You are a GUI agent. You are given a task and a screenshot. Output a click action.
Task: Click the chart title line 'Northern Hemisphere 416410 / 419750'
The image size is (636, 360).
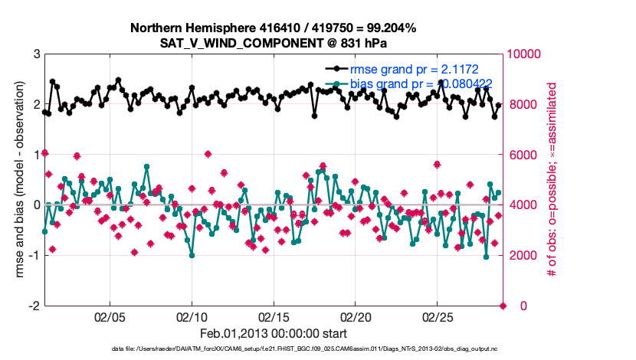click(x=273, y=28)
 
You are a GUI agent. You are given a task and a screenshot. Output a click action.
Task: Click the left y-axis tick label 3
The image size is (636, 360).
click(x=36, y=54)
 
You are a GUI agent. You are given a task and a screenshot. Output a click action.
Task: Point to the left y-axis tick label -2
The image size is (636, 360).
click(x=34, y=306)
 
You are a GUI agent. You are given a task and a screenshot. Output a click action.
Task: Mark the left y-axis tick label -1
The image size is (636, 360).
click(x=34, y=255)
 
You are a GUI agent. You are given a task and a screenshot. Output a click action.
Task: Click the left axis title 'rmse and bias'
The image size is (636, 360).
click(x=15, y=180)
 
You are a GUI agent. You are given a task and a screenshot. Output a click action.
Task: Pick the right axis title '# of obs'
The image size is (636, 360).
click(x=550, y=180)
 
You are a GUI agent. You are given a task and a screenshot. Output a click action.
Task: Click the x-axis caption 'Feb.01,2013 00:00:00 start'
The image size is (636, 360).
click(x=273, y=333)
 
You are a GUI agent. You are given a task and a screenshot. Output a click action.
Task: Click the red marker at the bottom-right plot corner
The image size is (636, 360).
click(x=503, y=306)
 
